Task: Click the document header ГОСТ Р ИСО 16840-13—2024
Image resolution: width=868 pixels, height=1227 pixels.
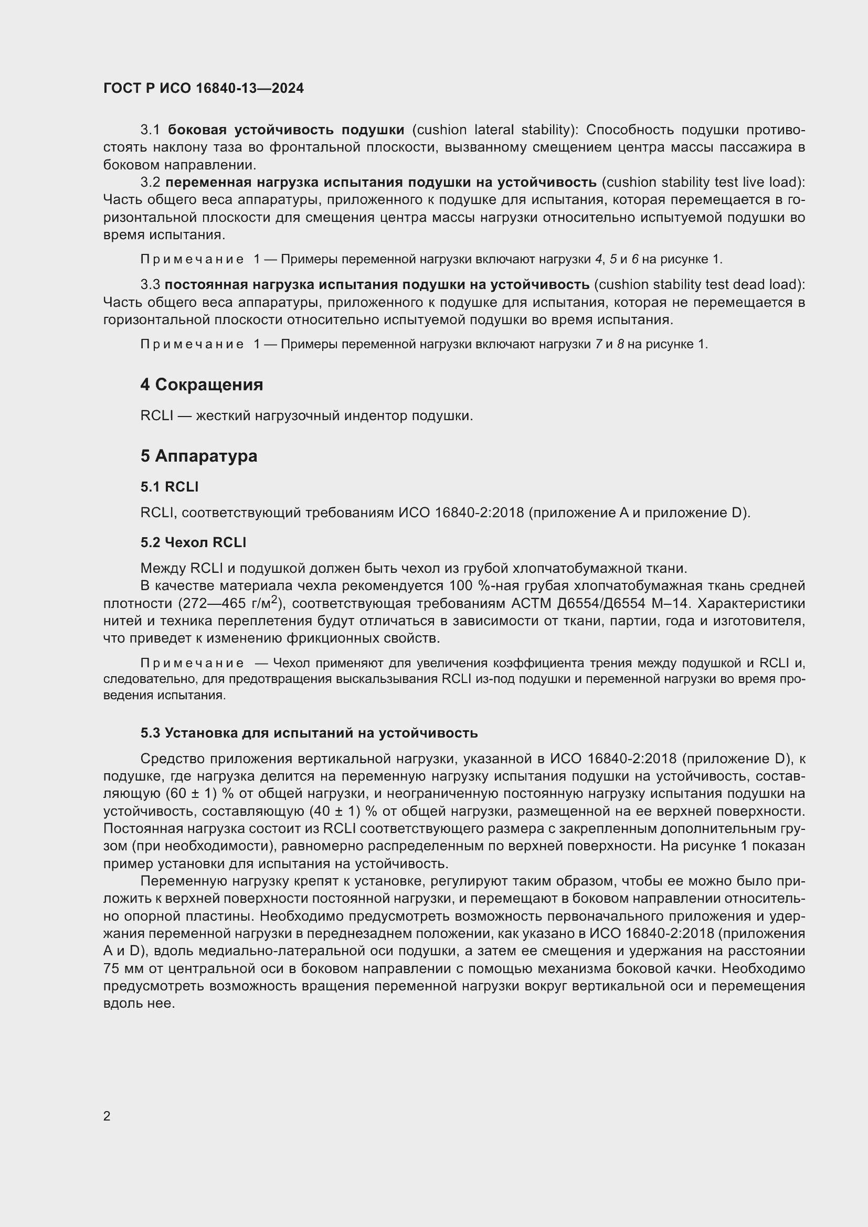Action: coord(204,89)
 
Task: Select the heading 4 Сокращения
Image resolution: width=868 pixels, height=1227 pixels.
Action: coord(202,385)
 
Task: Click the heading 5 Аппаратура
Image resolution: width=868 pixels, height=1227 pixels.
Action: coord(199,456)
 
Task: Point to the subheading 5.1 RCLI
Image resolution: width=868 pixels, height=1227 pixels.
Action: coord(170,486)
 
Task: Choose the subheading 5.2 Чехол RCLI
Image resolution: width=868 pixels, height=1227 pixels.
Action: coord(193,542)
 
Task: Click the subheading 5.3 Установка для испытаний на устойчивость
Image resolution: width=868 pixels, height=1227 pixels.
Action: coord(309,733)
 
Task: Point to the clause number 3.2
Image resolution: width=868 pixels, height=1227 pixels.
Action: coord(150,182)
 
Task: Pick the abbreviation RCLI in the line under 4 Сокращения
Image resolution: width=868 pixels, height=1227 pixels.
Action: coord(156,415)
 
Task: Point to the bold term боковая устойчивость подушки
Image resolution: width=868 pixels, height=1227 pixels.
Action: coord(286,130)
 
